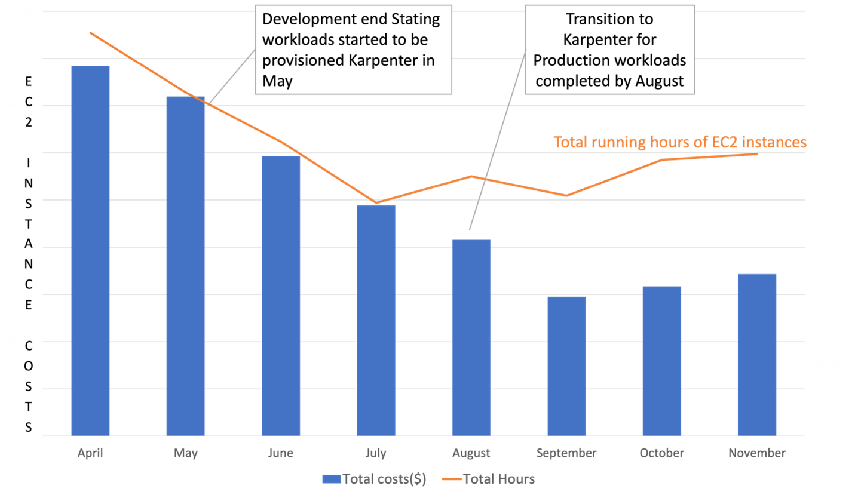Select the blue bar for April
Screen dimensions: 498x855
point(90,251)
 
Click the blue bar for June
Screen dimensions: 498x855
point(281,296)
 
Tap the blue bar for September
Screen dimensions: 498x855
point(566,365)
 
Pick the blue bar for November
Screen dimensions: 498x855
point(756,355)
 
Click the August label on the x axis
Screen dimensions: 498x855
point(471,453)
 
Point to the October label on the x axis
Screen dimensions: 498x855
point(661,453)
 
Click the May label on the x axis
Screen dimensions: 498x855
point(186,453)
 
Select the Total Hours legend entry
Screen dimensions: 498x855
point(499,479)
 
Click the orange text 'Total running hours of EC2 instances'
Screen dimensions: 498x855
point(679,142)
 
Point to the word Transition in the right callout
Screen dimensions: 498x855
point(609,19)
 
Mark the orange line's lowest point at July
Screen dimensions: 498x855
point(376,203)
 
